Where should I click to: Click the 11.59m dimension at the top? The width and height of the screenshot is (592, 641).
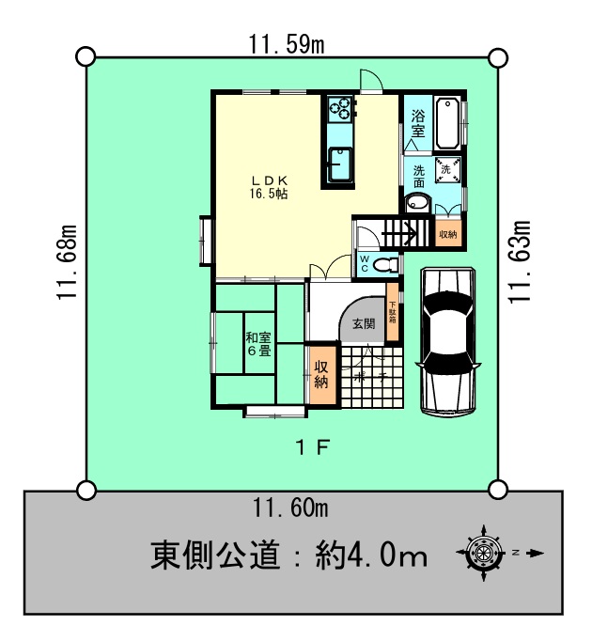click(x=287, y=44)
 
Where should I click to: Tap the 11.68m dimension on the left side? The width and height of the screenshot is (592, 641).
click(x=67, y=262)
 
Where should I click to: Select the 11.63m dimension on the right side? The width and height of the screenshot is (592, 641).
click(x=520, y=261)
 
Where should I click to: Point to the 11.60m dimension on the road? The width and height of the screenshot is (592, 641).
click(x=289, y=508)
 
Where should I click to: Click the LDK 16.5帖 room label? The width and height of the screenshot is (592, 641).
click(x=269, y=187)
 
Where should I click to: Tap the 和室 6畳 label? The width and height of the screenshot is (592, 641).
click(x=258, y=344)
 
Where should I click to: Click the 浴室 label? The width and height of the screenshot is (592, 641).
click(x=418, y=123)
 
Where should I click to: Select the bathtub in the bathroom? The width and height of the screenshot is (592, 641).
click(x=447, y=123)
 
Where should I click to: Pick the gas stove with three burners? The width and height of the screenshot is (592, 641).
click(x=340, y=108)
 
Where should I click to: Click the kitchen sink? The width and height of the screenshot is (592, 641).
click(x=340, y=164)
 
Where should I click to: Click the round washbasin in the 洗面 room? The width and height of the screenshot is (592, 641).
click(x=417, y=203)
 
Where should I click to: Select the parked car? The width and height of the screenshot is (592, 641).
click(x=448, y=341)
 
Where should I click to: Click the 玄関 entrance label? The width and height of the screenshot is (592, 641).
click(x=364, y=324)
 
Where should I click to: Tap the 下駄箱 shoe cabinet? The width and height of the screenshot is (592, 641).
click(x=393, y=312)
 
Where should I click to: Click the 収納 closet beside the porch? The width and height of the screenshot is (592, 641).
click(x=322, y=375)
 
